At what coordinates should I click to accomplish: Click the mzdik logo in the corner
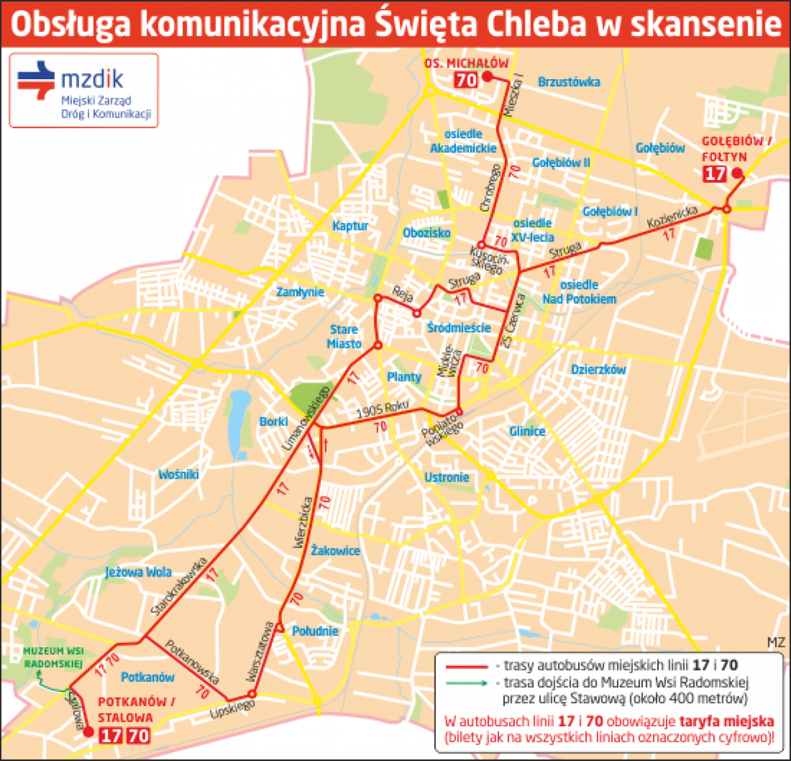(x=83, y=90)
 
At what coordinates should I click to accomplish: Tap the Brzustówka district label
(x=569, y=82)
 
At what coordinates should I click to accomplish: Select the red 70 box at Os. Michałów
(x=466, y=80)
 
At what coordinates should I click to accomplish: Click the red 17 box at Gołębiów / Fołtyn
(x=715, y=174)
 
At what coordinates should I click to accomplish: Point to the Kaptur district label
(x=350, y=225)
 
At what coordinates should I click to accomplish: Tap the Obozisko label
(x=427, y=233)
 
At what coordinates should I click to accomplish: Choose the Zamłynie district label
(x=300, y=292)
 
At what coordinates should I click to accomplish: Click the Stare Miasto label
(x=344, y=336)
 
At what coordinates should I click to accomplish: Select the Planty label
(x=404, y=377)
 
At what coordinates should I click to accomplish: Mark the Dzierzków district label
(x=598, y=370)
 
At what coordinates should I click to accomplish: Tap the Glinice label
(x=527, y=431)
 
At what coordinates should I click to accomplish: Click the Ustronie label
(x=447, y=477)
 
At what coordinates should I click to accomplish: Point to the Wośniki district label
(x=178, y=474)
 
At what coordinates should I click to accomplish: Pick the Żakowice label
(x=335, y=550)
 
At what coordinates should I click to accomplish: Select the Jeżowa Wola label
(x=138, y=572)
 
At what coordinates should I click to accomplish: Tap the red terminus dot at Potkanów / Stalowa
(x=87, y=731)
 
